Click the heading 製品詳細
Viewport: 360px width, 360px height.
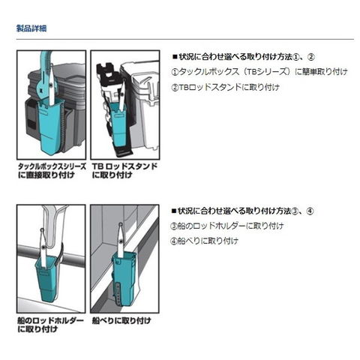click(x=31, y=28)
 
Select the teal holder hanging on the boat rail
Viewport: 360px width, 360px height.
click(x=47, y=277)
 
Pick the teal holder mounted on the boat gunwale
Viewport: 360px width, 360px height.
click(x=124, y=277)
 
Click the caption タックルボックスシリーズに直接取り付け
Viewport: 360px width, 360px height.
click(x=52, y=170)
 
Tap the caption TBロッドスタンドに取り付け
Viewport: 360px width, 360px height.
click(x=124, y=170)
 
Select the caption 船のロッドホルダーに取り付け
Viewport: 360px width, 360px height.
click(x=50, y=325)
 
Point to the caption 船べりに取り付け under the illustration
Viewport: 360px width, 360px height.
click(x=121, y=320)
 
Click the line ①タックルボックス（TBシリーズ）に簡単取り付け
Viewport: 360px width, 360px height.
click(x=259, y=72)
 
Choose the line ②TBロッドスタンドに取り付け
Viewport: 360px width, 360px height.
click(x=225, y=87)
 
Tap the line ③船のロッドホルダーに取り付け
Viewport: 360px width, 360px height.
click(x=227, y=226)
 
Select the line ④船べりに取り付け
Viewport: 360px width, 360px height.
click(x=204, y=241)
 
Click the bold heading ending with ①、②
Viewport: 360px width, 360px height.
click(x=243, y=57)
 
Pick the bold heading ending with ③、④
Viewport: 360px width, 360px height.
click(x=242, y=211)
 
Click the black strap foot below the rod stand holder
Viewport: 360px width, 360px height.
click(x=123, y=151)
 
